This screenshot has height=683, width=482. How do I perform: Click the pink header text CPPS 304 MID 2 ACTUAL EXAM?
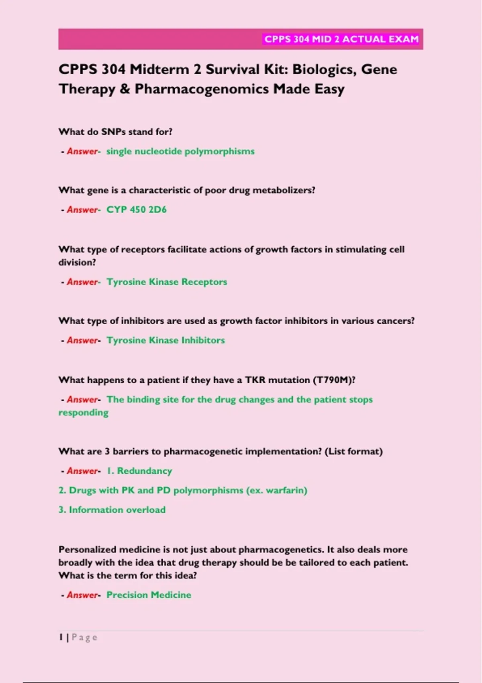(x=341, y=39)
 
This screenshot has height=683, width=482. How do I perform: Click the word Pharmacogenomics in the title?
(x=202, y=89)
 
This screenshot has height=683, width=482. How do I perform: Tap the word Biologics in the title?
(x=324, y=70)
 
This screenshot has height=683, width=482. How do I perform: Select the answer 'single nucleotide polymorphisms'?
(x=180, y=151)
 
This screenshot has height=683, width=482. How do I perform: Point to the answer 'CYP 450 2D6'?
(x=136, y=210)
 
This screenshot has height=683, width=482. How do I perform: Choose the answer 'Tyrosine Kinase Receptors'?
(x=167, y=282)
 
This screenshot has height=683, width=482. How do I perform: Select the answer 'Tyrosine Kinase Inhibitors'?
(x=165, y=340)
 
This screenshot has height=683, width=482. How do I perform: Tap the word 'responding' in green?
(x=84, y=413)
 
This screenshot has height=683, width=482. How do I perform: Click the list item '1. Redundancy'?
(x=139, y=471)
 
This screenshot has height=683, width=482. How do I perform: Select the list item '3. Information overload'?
(x=112, y=510)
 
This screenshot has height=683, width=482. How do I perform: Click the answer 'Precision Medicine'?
(x=149, y=595)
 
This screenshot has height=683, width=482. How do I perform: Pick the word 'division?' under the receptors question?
(x=77, y=262)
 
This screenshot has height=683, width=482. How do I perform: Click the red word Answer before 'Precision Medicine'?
(x=82, y=595)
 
